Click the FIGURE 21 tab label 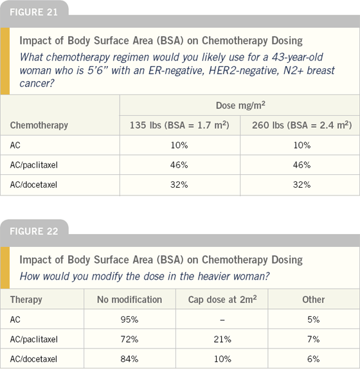click(x=33, y=12)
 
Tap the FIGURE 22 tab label click(x=34, y=231)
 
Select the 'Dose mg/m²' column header click(x=240, y=105)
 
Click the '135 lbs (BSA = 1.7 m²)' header click(x=179, y=125)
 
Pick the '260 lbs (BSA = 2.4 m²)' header click(x=302, y=125)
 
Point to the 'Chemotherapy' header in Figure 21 click(x=39, y=125)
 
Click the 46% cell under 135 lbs click(x=179, y=165)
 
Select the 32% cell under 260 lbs click(x=301, y=184)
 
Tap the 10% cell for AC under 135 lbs click(x=179, y=145)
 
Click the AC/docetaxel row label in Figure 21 click(x=33, y=184)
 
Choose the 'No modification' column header click(x=129, y=300)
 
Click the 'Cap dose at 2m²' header click(x=222, y=300)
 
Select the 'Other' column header click(x=314, y=300)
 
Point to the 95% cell click(x=129, y=319)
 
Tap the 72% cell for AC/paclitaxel click(x=129, y=339)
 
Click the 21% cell click(x=222, y=339)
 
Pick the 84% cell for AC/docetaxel click(x=129, y=359)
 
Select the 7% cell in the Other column click(x=314, y=339)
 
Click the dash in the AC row click(x=222, y=319)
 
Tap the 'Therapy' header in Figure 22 click(x=26, y=300)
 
